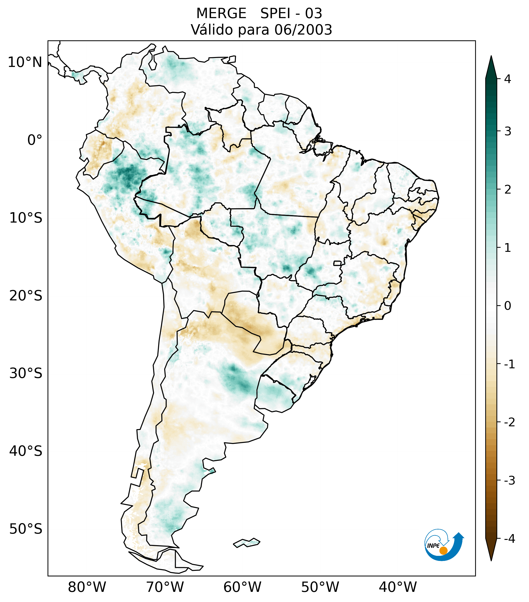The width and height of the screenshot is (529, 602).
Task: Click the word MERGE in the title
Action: [221, 14]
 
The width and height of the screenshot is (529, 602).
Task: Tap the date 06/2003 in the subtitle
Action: [303, 30]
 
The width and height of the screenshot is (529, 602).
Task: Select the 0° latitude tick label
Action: [35, 140]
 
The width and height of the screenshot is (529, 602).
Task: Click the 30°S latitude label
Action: [26, 373]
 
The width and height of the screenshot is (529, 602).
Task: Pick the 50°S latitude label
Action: [26, 529]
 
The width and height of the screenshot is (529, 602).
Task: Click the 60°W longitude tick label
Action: [242, 587]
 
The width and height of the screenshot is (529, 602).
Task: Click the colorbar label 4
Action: [508, 79]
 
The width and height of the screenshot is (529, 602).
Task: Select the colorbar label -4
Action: [509, 539]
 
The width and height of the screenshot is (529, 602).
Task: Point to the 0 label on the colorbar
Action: [508, 306]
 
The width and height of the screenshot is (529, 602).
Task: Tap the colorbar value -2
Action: [509, 422]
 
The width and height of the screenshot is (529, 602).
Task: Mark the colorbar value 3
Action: [508, 131]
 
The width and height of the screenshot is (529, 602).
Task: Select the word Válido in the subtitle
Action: [211, 30]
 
